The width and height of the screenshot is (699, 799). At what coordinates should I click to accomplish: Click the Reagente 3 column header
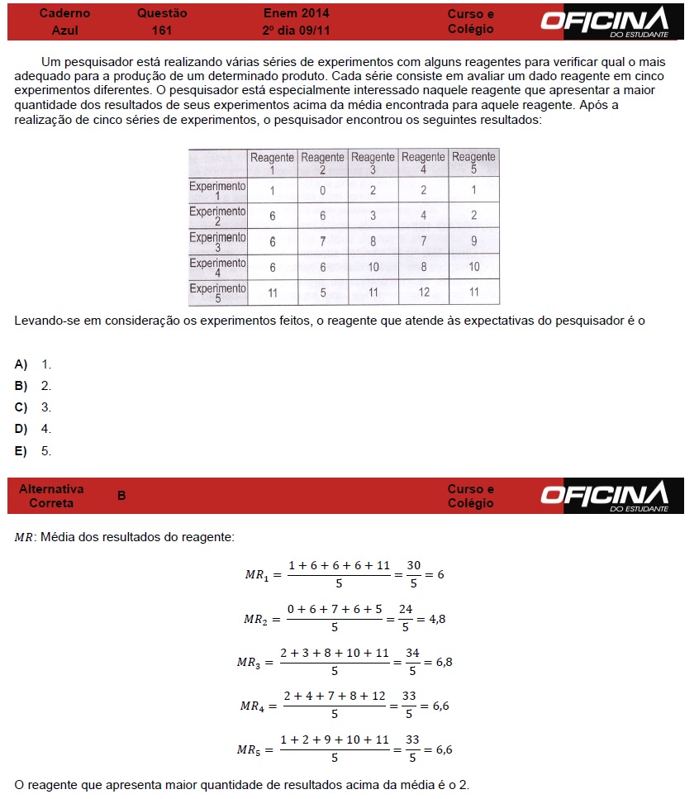click(373, 162)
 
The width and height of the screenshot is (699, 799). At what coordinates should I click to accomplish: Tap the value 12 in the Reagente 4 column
click(423, 292)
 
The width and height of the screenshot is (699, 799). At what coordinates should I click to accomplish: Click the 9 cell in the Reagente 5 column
click(473, 242)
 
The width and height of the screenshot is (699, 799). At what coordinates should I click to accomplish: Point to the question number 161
click(162, 30)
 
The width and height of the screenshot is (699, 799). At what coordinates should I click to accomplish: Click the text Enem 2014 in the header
click(296, 13)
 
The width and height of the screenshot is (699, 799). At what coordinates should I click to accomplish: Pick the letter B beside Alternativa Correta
click(121, 496)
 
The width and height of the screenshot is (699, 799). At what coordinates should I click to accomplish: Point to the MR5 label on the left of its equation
click(249, 750)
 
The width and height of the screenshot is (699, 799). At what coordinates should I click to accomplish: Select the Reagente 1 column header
click(272, 162)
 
